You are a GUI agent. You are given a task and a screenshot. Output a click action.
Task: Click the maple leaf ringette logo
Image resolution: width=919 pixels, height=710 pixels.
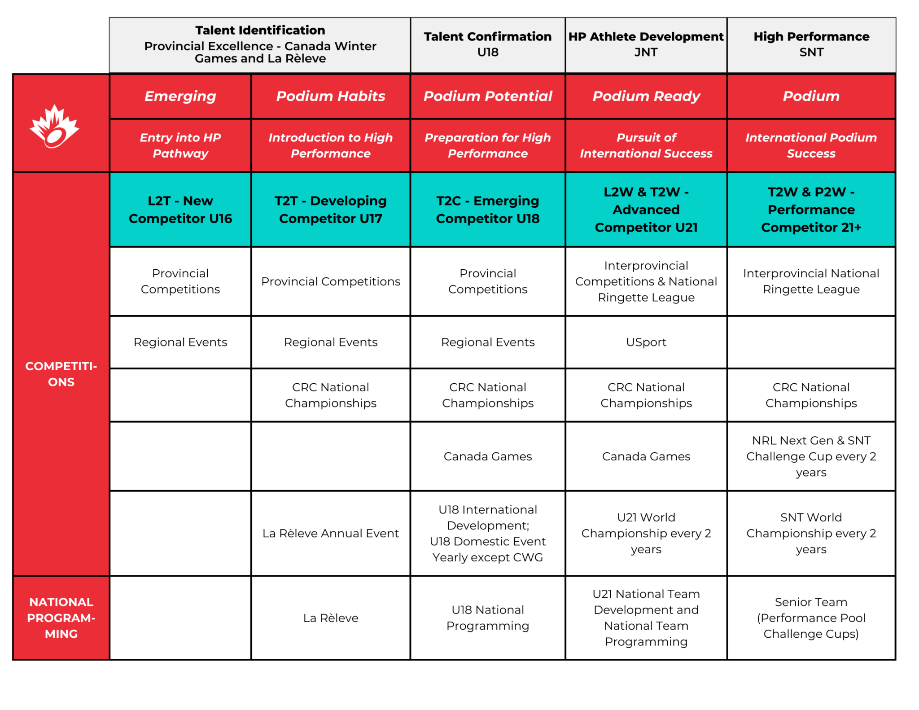[54, 127]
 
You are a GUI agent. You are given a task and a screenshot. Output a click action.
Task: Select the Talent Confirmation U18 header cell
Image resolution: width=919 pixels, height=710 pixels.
[487, 44]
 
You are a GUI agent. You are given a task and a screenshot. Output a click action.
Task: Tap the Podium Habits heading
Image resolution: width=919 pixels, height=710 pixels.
[331, 96]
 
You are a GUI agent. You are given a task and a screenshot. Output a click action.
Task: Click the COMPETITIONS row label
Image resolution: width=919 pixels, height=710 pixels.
[61, 374]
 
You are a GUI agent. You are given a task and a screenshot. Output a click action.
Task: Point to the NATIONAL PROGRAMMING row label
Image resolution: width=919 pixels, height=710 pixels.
[61, 618]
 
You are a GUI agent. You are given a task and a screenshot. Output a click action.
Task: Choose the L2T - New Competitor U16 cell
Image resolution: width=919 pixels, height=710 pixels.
[180, 210]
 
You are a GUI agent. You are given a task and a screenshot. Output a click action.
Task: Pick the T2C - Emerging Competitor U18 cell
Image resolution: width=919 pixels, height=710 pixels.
[487, 210]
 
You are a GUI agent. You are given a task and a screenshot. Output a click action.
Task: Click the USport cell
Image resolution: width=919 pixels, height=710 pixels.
[646, 342]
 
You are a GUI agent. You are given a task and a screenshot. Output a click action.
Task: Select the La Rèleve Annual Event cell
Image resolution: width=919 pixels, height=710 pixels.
[331, 533]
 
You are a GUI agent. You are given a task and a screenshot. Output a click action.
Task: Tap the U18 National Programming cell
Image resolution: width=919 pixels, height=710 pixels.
[487, 618]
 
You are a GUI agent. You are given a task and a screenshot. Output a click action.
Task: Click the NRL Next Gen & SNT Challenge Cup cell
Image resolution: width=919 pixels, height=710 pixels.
[811, 456]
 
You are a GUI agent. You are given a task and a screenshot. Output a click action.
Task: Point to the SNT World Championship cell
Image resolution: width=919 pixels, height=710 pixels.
[811, 533]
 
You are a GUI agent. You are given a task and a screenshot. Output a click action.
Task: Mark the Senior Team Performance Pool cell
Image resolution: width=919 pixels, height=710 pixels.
[811, 618]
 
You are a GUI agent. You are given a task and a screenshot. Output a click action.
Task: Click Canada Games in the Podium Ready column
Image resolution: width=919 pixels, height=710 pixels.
[646, 456]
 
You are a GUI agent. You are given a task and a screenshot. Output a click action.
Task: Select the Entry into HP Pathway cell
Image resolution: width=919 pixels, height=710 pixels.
[180, 145]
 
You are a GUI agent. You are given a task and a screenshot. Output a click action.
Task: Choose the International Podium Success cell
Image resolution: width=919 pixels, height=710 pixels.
[811, 145]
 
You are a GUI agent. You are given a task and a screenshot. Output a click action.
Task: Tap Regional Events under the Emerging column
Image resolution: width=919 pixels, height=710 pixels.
[180, 342]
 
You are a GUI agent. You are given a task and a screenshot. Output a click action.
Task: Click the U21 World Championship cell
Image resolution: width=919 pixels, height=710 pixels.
[646, 533]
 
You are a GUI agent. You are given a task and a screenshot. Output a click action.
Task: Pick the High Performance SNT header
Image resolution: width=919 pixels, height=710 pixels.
[811, 44]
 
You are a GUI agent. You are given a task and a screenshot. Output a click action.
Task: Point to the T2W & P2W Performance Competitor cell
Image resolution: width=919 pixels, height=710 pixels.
[811, 210]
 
